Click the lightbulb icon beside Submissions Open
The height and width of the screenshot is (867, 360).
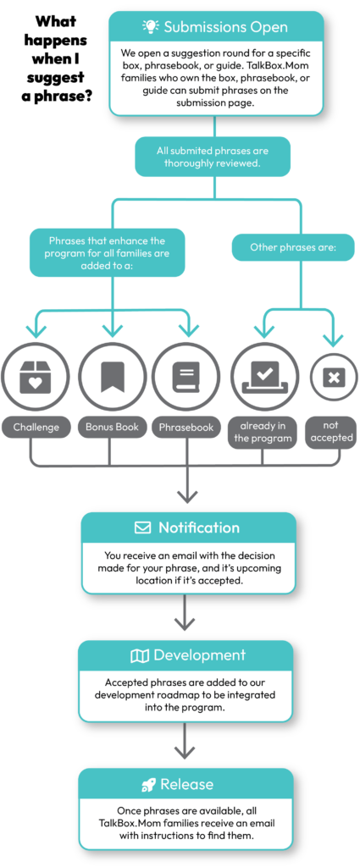tap(151, 26)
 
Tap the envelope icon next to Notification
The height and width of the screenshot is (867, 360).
tap(142, 527)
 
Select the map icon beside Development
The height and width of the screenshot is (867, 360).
tap(140, 656)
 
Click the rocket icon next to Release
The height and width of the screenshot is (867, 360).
tap(147, 785)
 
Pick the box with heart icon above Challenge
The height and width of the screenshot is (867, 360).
tap(36, 377)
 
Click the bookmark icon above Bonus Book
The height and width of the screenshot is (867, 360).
tap(113, 377)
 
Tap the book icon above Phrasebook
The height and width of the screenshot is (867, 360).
tap(186, 377)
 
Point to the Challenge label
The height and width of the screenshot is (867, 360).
tap(36, 427)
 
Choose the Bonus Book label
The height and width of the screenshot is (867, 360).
tap(113, 427)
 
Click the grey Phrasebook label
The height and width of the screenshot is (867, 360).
tap(186, 427)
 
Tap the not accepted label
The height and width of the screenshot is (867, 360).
tap(330, 431)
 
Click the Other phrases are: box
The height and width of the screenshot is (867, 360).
tap(292, 246)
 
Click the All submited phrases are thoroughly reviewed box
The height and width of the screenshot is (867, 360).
tap(213, 157)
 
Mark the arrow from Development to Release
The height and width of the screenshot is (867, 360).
tap(186, 740)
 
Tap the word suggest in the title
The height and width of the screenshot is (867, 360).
tap(61, 77)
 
